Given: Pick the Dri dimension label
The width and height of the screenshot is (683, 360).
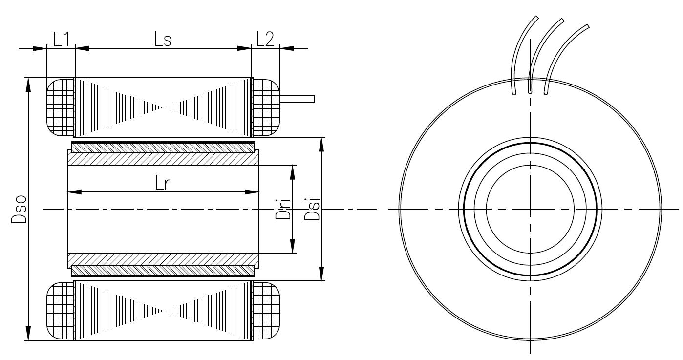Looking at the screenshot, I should tap(283, 209).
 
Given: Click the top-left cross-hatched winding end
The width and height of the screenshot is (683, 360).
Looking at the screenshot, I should tap(60, 107).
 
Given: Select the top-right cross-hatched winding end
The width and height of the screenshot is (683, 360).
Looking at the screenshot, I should tap(266, 107).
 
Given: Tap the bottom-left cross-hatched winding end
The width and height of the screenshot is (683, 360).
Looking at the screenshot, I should tap(60, 311).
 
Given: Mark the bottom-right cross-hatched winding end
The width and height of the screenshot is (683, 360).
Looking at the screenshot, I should tap(266, 311).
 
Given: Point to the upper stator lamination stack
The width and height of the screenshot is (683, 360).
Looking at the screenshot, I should tap(163, 107).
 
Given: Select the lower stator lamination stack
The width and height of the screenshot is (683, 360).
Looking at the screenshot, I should tap(163, 311).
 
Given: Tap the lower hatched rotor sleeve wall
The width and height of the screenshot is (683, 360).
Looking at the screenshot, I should tap(163, 259).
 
